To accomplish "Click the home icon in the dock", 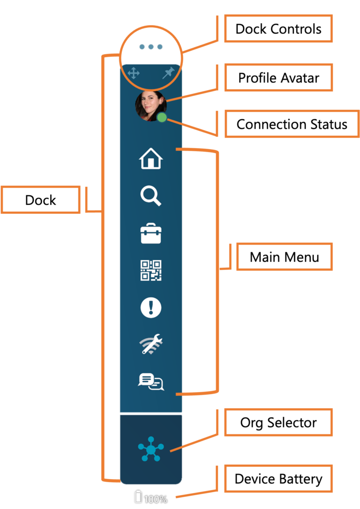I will coord(151,160).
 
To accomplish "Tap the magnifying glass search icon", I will coord(151,196).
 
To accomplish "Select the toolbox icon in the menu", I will coord(151,233).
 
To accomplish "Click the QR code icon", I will coord(151,270).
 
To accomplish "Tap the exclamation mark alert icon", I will coord(151,308).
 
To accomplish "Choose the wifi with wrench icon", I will coord(151,344).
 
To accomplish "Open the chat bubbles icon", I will coord(151,382).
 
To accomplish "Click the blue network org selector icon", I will coord(151,449).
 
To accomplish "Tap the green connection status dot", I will coord(162,118).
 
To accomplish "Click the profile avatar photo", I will coord(150,105).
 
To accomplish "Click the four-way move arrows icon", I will coord(133,74).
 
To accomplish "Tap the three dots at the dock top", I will coord(151,47).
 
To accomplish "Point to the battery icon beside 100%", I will coord(138,497).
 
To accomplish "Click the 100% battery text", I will coord(156,499).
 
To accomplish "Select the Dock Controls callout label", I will coord(278,29).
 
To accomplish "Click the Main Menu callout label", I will coord(284,256).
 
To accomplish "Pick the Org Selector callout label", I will coord(278,423).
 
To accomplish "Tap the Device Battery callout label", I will coord(278,479).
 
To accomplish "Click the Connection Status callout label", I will coord(292,124).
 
